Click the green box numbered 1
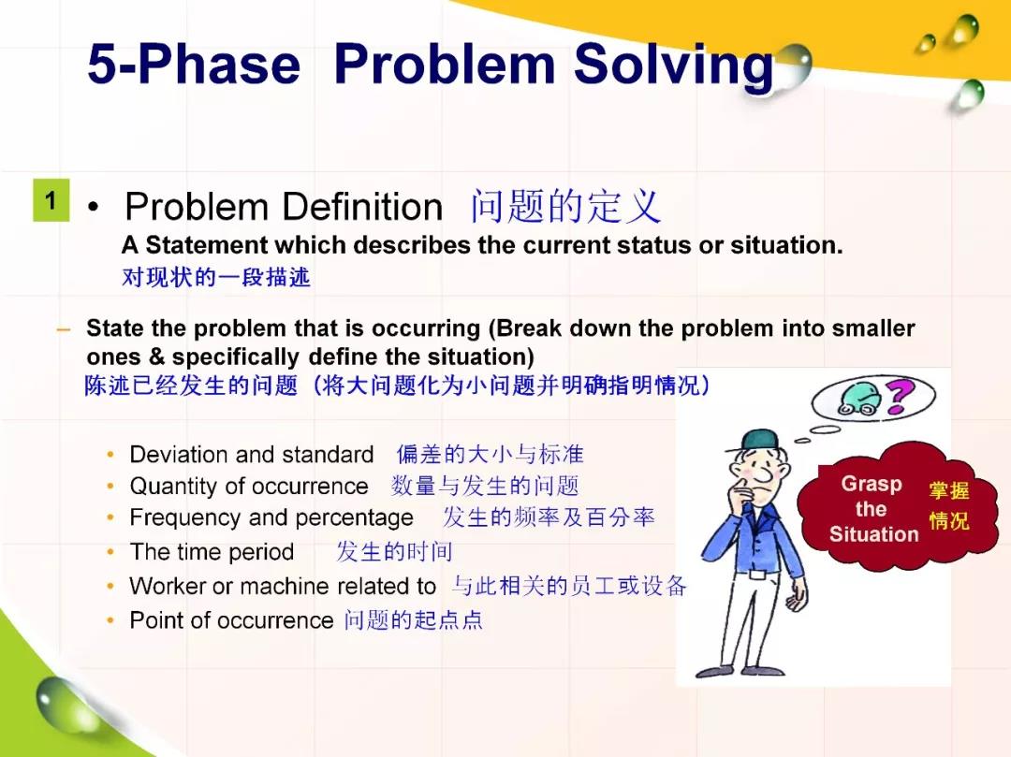[x=51, y=201]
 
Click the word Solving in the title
[x=673, y=66]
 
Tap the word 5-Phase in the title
[x=194, y=64]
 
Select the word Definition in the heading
[x=362, y=207]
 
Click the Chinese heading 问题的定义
[x=566, y=206]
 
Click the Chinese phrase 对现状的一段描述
[x=216, y=277]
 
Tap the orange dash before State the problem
[x=64, y=329]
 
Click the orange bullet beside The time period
[x=110, y=552]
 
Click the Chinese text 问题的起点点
[x=414, y=619]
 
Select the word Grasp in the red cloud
[x=872, y=483]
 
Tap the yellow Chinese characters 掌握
[x=948, y=490]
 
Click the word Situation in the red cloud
[x=873, y=534]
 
